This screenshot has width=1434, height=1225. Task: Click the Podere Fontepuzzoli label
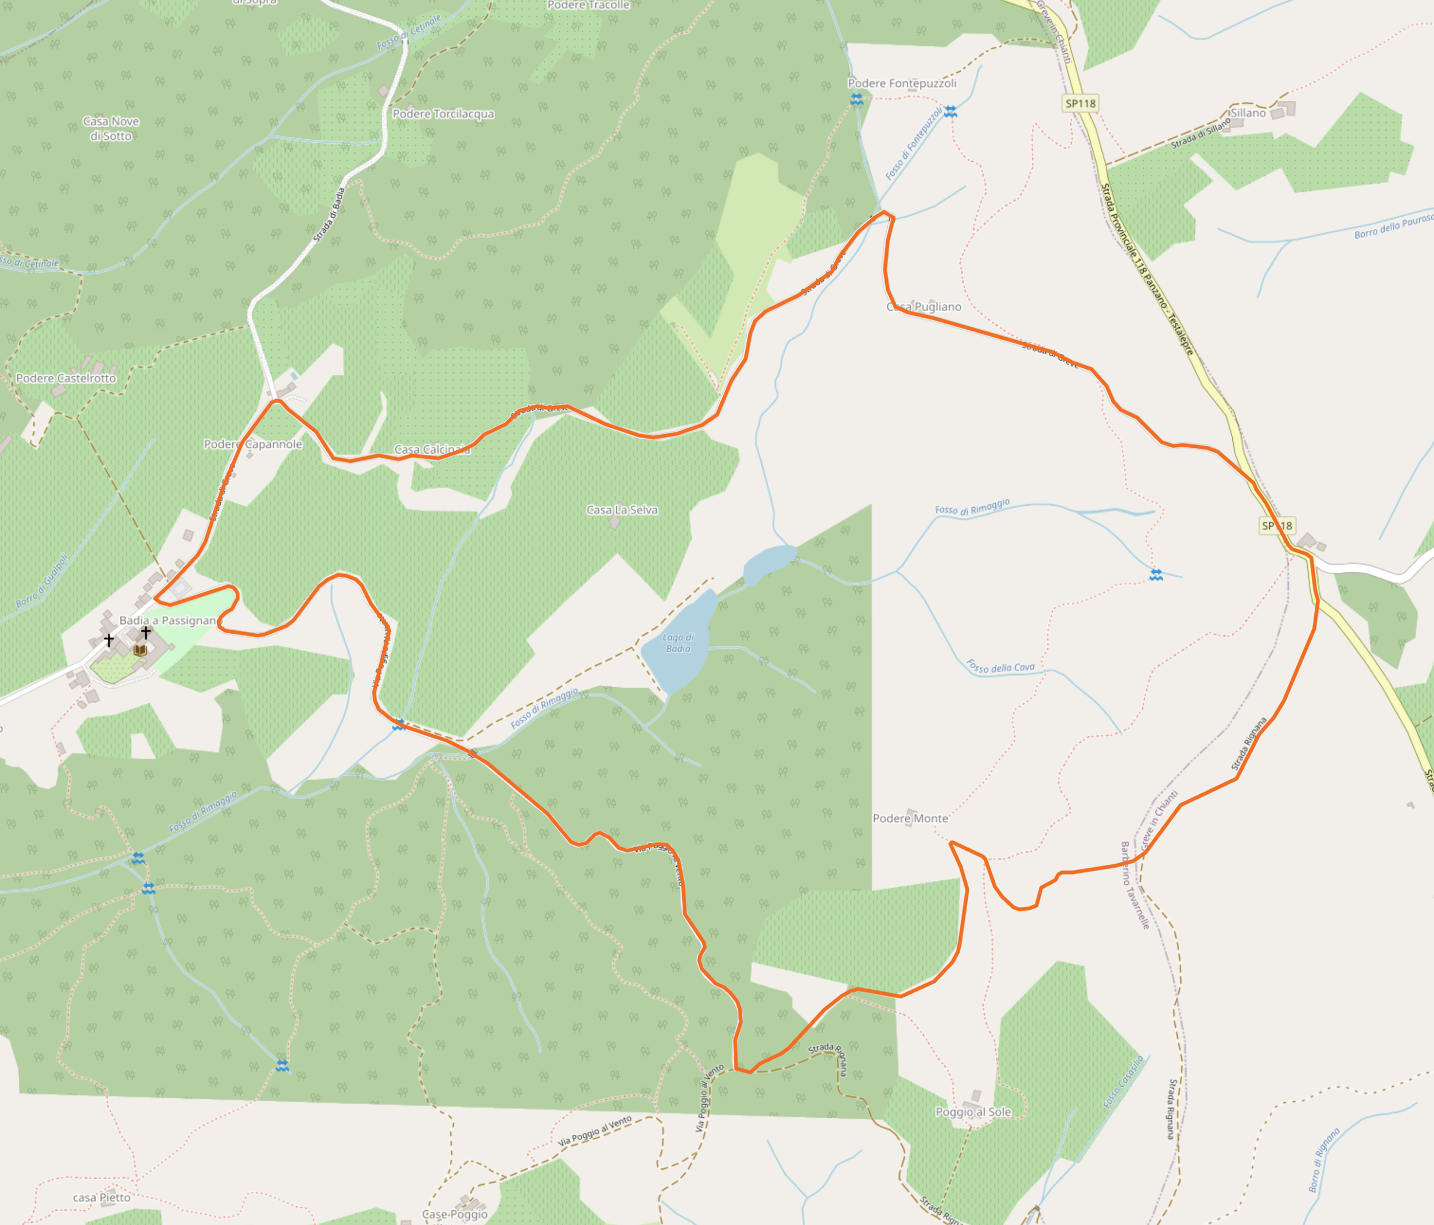902,83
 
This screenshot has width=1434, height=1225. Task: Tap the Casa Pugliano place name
924,307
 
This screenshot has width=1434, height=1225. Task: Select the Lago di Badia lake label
678,643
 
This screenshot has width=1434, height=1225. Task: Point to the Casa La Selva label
621,510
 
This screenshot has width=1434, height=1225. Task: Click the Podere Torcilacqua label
443,114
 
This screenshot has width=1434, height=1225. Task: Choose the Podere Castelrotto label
66,378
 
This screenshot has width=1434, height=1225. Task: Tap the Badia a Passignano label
169,620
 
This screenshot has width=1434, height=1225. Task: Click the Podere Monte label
910,818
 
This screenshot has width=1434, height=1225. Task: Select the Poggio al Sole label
973,1111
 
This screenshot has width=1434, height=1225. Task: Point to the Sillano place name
1248,113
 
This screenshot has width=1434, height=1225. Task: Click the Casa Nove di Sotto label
111,128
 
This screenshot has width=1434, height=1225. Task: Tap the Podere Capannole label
252,444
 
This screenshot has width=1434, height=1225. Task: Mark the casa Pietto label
101,1197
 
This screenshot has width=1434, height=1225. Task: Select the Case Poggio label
455,1214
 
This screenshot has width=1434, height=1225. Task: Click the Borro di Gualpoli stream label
41,582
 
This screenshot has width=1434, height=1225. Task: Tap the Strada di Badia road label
329,214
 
